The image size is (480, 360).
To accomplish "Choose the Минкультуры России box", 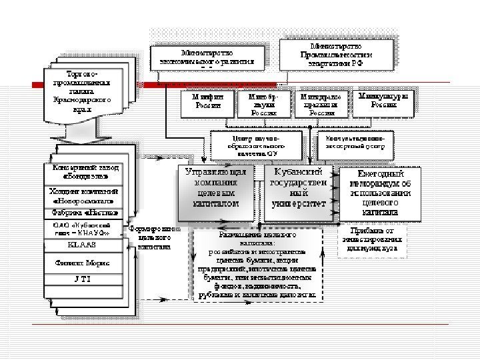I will [383, 101].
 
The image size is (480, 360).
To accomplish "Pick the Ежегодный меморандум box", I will [379, 192].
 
